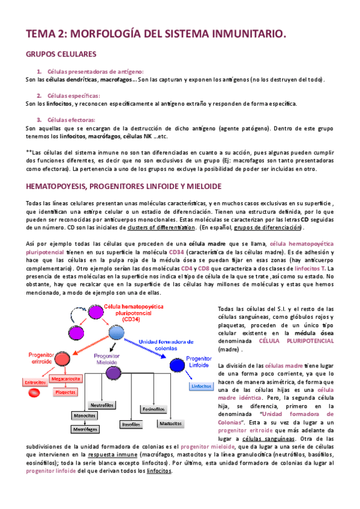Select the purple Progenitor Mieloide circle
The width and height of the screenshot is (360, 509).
click(112, 373)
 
